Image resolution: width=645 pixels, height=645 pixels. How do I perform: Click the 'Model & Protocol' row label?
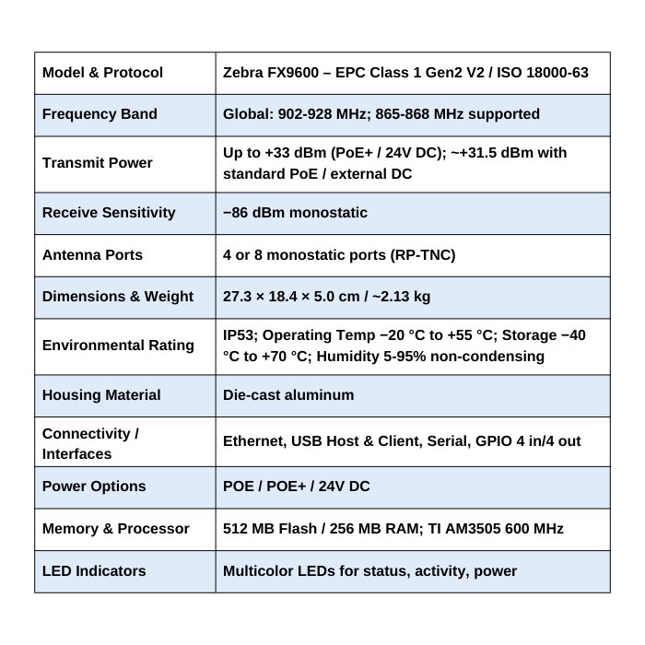[102, 72]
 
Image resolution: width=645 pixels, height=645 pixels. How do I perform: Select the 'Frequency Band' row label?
[100, 114]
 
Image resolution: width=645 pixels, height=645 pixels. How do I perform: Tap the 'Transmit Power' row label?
[97, 163]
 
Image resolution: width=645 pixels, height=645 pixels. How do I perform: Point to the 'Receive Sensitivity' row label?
[109, 213]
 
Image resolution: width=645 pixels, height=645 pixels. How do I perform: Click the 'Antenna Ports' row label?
[92, 254]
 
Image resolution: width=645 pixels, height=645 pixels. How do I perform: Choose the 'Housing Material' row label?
[101, 394]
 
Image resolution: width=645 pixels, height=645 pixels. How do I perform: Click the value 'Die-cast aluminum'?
[288, 394]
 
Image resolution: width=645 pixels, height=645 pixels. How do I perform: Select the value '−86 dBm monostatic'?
[295, 213]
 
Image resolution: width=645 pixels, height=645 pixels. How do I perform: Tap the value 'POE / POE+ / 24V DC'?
[297, 486]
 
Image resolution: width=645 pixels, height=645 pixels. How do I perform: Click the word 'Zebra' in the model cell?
[244, 72]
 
